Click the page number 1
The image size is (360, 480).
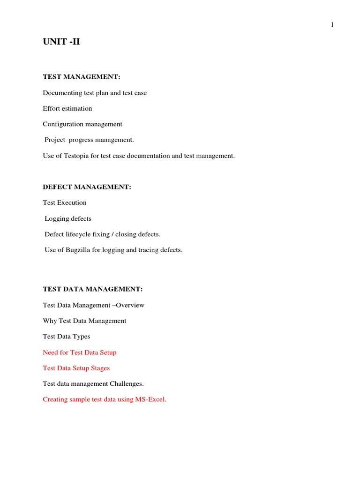[x=332, y=25]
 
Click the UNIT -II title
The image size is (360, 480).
[x=61, y=43]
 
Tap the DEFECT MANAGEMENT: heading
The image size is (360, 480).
[x=87, y=187]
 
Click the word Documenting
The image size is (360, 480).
[x=62, y=93]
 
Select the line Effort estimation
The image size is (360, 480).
[x=67, y=108]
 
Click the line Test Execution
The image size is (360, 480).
[x=65, y=202]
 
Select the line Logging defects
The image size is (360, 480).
[x=68, y=218]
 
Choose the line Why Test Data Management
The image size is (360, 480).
[x=84, y=321]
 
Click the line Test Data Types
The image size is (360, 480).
[x=67, y=337]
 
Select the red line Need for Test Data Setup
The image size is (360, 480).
[x=80, y=352]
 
